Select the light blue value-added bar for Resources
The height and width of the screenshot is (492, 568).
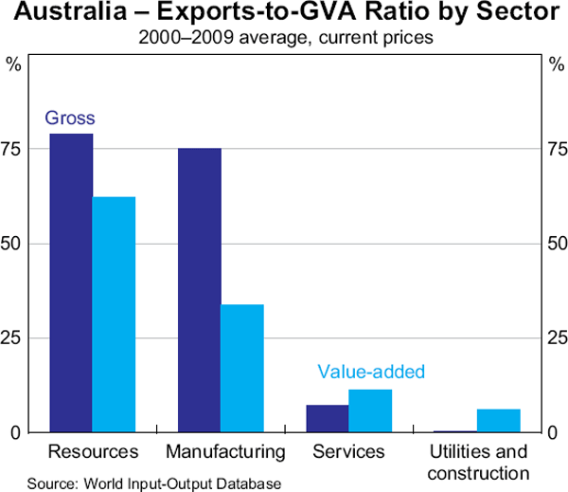pyautogui.click(x=114, y=314)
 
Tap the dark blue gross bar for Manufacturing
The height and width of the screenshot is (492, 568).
pyautogui.click(x=199, y=290)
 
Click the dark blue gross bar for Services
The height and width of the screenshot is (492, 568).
pyautogui.click(x=328, y=418)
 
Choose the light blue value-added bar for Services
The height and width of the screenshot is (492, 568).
pyautogui.click(x=370, y=410)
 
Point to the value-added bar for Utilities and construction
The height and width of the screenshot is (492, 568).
pyautogui.click(x=498, y=421)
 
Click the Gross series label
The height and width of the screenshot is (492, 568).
pyautogui.click(x=70, y=118)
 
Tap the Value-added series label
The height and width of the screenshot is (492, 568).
pyautogui.click(x=371, y=372)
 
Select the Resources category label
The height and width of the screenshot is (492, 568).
pyautogui.click(x=93, y=450)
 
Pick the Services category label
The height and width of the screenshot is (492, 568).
pyautogui.click(x=348, y=450)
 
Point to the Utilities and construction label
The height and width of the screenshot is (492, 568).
pyautogui.click(x=477, y=461)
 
